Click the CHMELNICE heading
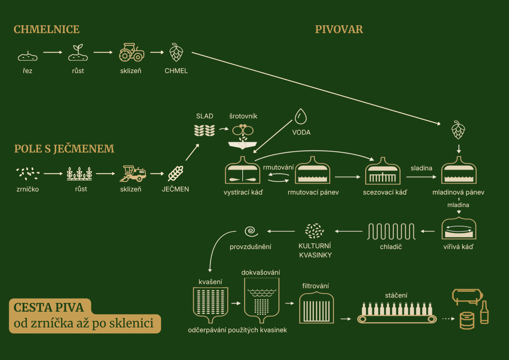click(46, 29)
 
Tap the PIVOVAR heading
click(339, 29)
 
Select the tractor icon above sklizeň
click(131, 53)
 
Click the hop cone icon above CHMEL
click(176, 53)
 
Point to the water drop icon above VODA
click(301, 116)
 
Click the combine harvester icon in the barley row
click(133, 174)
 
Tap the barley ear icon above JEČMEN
click(176, 173)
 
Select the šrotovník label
click(243, 116)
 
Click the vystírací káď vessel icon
click(242, 171)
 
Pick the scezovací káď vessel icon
click(383, 171)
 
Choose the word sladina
click(421, 168)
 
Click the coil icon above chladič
click(391, 231)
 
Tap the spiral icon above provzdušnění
click(251, 231)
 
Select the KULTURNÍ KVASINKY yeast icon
click(314, 231)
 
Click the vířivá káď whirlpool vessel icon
click(459, 229)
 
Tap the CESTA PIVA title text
click(49, 307)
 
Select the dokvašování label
click(261, 272)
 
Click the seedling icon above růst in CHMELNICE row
click(78, 53)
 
